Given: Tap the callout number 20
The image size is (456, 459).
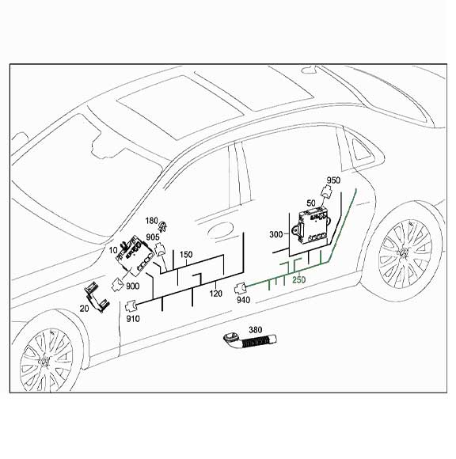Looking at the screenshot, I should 85,310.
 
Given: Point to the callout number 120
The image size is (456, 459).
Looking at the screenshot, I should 215,294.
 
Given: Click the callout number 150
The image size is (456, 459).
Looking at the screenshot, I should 186,255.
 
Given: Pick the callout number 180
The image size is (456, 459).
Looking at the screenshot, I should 151,221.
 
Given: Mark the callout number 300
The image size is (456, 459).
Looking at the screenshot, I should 276,235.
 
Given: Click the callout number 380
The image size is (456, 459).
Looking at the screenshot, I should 254,329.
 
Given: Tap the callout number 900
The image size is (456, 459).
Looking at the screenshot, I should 133,285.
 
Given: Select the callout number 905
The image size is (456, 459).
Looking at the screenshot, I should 153,236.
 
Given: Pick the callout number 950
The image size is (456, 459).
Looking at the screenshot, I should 333,180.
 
